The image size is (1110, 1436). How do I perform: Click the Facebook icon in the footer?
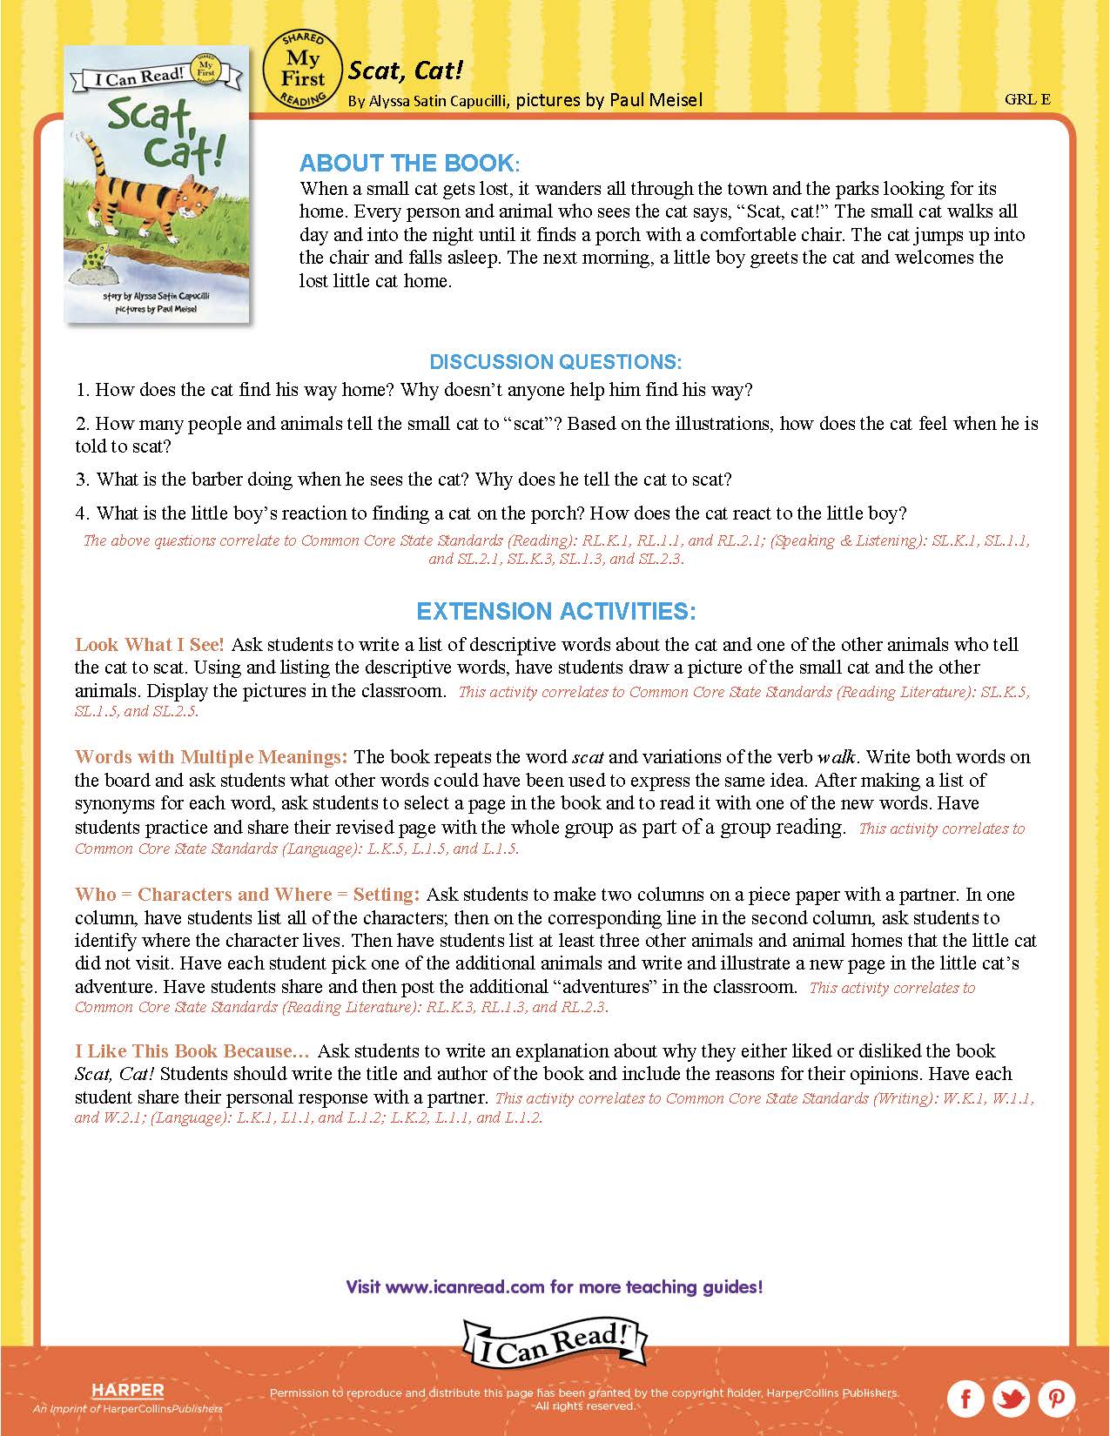pyautogui.click(x=966, y=1399)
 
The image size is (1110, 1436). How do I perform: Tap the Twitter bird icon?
pyautogui.click(x=1012, y=1399)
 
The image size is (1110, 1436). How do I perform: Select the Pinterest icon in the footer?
pyautogui.click(x=1057, y=1399)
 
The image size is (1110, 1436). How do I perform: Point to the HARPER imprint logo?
pyautogui.click(x=127, y=1391)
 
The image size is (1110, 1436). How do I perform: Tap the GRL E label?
pyautogui.click(x=1027, y=99)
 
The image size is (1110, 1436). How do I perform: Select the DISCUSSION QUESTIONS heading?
pyautogui.click(x=555, y=361)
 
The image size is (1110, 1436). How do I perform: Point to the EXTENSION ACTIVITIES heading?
pyautogui.click(x=555, y=611)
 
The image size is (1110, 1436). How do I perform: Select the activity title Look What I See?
pyautogui.click(x=150, y=645)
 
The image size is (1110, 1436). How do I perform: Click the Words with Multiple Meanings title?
pyautogui.click(x=212, y=757)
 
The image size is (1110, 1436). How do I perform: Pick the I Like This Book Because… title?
pyautogui.click(x=192, y=1051)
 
